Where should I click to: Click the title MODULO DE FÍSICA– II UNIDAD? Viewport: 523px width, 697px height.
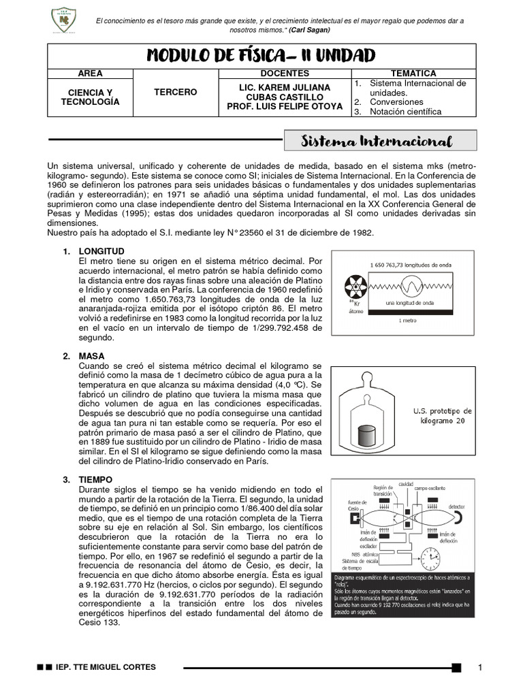click(x=261, y=55)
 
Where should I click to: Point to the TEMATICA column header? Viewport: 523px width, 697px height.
click(x=413, y=73)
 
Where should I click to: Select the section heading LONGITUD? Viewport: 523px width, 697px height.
click(x=102, y=252)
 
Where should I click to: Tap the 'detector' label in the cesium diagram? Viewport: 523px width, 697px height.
click(x=457, y=507)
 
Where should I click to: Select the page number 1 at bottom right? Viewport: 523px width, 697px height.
click(x=480, y=668)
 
